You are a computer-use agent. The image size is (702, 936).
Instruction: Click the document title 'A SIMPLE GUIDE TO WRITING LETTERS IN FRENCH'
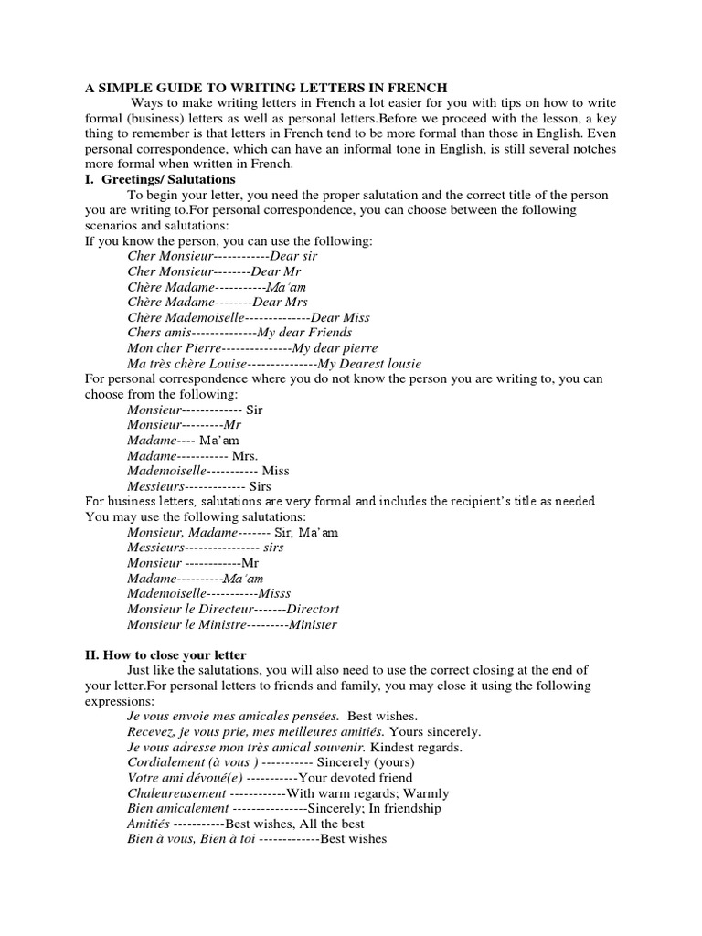point(266,88)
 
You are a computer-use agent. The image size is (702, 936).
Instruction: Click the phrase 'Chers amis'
point(159,333)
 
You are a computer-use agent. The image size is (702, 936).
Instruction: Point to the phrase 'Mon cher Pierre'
point(174,348)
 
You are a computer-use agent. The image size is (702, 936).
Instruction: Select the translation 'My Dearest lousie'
point(363,364)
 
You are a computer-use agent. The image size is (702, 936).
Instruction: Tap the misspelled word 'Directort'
point(314,609)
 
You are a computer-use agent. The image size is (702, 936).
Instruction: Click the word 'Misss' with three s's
point(274,593)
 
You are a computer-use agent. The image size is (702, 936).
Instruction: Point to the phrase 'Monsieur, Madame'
point(182,531)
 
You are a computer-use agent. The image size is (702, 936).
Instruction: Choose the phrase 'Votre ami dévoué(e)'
point(184,777)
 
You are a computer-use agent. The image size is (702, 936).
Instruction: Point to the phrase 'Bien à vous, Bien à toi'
point(187,838)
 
